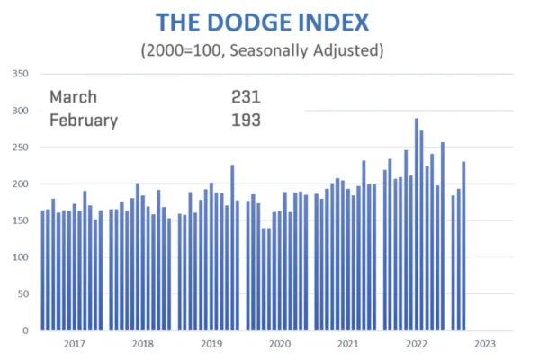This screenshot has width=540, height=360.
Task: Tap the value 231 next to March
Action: (246, 97)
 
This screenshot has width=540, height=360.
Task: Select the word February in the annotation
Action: (82, 120)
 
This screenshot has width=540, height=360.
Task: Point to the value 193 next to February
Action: (246, 120)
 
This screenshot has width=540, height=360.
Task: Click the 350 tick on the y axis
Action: (22, 74)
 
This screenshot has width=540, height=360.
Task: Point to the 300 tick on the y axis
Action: (22, 111)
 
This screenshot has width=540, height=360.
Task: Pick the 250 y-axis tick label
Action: (22, 148)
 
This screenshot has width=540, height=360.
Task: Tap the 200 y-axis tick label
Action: (22, 184)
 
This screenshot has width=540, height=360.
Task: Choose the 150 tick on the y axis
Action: (22, 220)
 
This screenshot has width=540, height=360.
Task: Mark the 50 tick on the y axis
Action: (24, 294)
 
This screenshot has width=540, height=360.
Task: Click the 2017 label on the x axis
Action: (74, 344)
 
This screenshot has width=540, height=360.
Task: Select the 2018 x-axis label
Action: (142, 344)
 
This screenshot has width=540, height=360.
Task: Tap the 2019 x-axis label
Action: (211, 344)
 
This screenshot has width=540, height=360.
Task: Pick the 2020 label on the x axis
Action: (279, 344)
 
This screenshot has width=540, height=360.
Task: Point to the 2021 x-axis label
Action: (347, 344)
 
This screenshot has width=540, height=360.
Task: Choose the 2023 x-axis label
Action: (484, 344)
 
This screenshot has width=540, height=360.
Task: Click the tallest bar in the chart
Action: (417, 225)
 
